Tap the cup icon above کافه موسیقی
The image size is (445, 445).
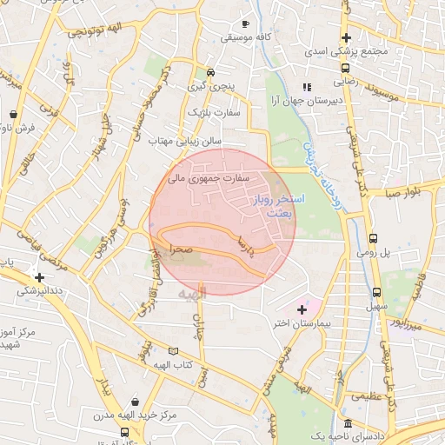pos(246,23)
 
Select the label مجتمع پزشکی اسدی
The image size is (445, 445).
pos(345,52)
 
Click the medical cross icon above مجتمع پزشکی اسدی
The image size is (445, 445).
pos(346,37)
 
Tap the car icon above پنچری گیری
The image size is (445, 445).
pos(210,72)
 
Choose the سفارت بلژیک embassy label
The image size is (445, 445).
pos(217,112)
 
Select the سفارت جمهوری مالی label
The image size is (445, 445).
pos(208,178)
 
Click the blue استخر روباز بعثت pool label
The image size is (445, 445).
pos(284,205)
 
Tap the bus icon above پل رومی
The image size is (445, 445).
pos(373,238)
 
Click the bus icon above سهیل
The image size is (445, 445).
pos(376,293)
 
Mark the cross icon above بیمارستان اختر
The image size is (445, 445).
pos(302,309)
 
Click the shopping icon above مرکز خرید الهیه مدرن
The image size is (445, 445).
pos(136,402)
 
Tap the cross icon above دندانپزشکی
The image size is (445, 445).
pos(37,277)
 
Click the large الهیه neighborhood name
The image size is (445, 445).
pos(193,296)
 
